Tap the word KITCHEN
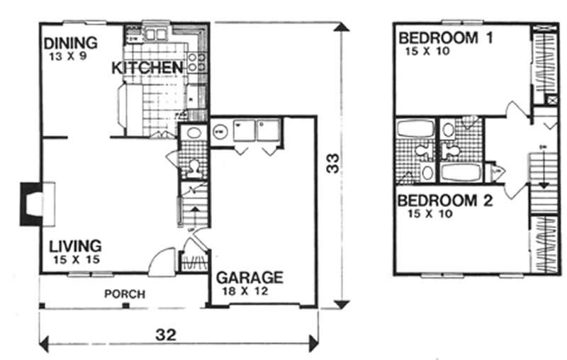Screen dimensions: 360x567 pos(147,68)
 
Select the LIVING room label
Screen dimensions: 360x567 pos(75,246)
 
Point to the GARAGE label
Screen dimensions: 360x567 pos(249,277)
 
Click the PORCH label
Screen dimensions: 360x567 pos(124,294)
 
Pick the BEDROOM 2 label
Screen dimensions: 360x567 pos(444,201)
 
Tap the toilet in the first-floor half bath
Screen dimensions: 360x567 pos(191,167)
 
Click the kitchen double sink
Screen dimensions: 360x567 pos(155,33)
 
